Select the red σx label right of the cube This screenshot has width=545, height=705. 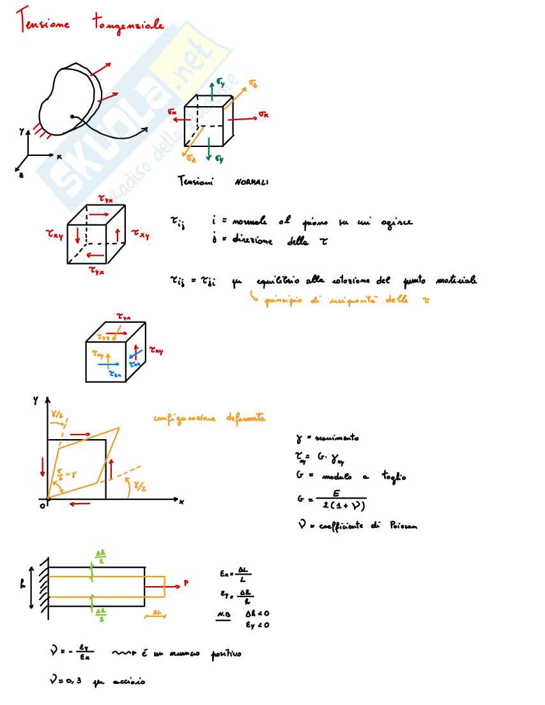(264, 114)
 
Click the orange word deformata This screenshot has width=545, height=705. (245, 419)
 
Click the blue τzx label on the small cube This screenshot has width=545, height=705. (116, 375)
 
